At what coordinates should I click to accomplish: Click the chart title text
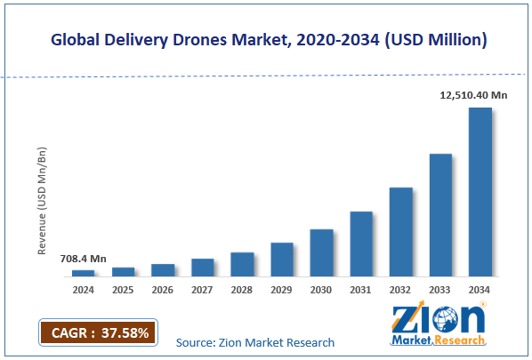267,40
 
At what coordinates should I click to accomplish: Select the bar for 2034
480,191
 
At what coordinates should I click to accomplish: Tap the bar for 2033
440,214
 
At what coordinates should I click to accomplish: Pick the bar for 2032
400,231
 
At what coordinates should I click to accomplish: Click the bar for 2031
361,244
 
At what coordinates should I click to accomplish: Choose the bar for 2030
321,252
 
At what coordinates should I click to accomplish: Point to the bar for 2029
282,259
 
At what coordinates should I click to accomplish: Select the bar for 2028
242,264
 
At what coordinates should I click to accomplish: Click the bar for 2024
83,272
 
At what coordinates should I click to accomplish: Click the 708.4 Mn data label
84,259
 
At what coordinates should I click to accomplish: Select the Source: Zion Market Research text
255,342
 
